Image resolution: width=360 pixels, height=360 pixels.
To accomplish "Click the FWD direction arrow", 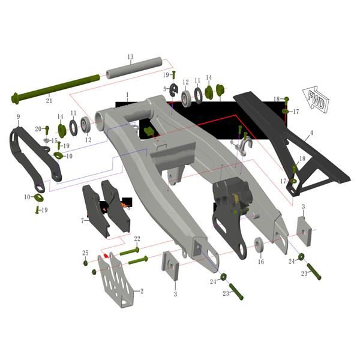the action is (316, 100).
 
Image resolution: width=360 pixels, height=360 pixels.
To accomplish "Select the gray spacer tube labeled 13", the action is (134, 68).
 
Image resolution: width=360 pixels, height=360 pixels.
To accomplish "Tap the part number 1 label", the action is (127, 95).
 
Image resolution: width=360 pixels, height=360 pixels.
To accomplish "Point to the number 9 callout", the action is (19, 117).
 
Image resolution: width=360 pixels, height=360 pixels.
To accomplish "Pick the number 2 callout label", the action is (142, 291).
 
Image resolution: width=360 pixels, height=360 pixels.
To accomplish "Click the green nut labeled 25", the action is (85, 263).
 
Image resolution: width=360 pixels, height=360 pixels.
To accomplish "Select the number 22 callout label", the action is (137, 239).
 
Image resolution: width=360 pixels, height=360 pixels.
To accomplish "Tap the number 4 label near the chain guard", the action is (311, 133).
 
